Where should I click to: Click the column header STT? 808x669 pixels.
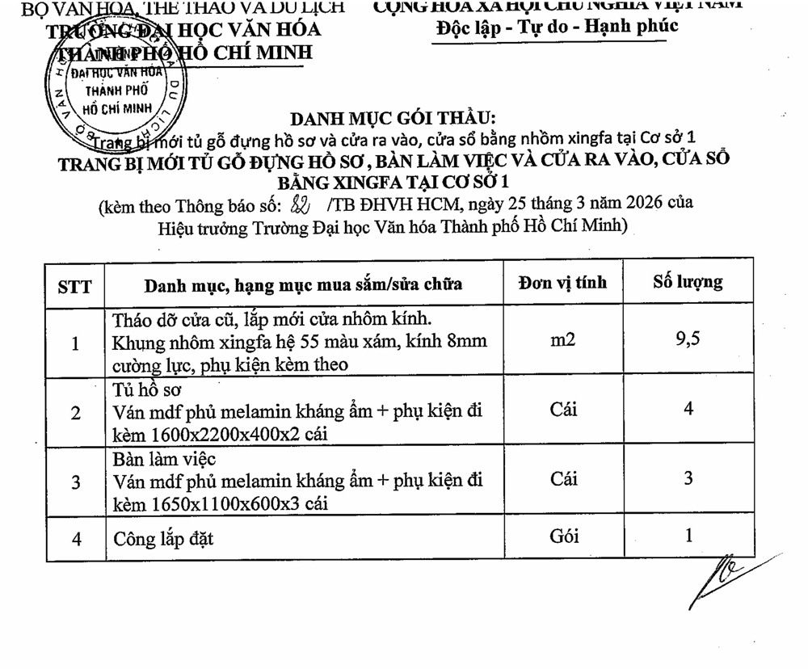pyautogui.click(x=75, y=285)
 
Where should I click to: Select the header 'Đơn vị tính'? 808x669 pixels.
pyautogui.click(x=562, y=283)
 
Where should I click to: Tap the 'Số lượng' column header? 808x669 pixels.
pyautogui.click(x=688, y=282)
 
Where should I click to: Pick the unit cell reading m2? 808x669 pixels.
pyautogui.click(x=563, y=340)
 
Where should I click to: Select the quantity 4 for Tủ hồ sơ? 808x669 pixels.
pyautogui.click(x=688, y=409)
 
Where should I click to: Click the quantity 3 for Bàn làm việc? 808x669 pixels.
pyautogui.click(x=688, y=478)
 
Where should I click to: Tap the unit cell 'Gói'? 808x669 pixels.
pyautogui.click(x=563, y=536)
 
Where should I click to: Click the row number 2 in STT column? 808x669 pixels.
pyautogui.click(x=75, y=413)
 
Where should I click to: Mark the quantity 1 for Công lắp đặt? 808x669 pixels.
pyautogui.click(x=688, y=535)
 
